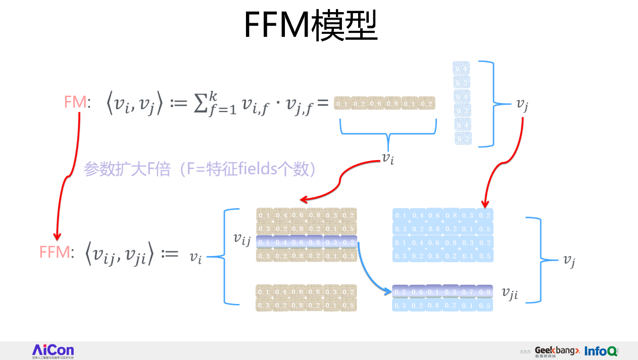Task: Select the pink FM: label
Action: click(77, 103)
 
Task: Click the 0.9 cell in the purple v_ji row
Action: click(484, 292)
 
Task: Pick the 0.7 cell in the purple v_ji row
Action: click(467, 292)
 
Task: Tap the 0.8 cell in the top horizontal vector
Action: click(392, 104)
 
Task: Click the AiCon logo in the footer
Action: click(53, 350)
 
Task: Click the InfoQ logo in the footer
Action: click(601, 350)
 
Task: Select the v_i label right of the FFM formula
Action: click(196, 257)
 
